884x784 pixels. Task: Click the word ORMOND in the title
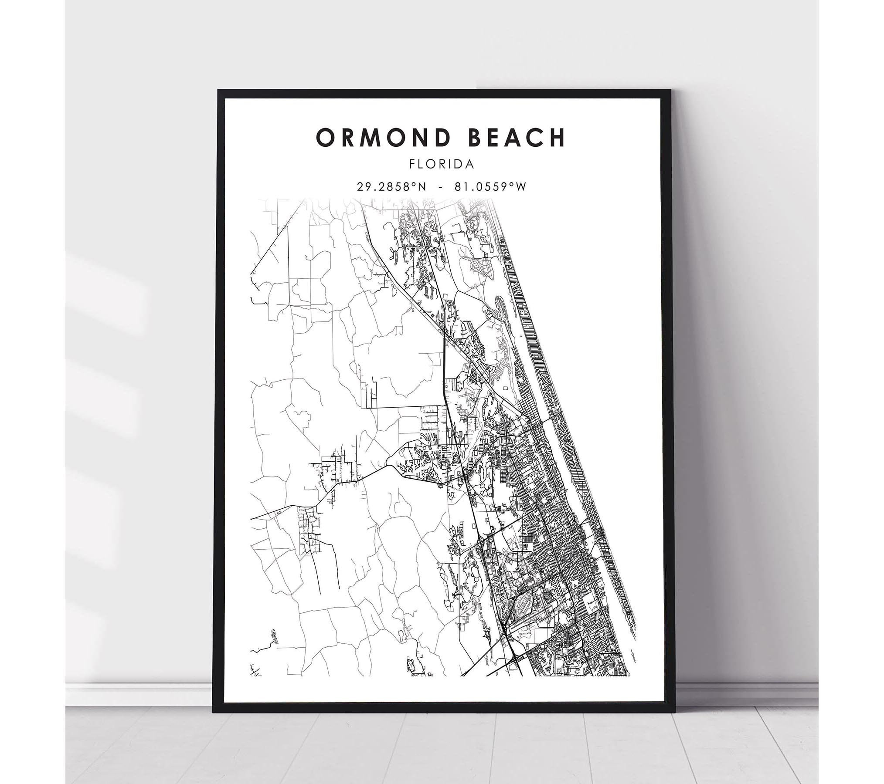click(381, 138)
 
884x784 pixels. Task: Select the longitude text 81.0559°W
click(492, 186)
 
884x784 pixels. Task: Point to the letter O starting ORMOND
click(325, 138)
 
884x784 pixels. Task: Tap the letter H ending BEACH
click(557, 138)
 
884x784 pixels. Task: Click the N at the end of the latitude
click(419, 186)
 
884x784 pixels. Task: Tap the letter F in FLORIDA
click(412, 164)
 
